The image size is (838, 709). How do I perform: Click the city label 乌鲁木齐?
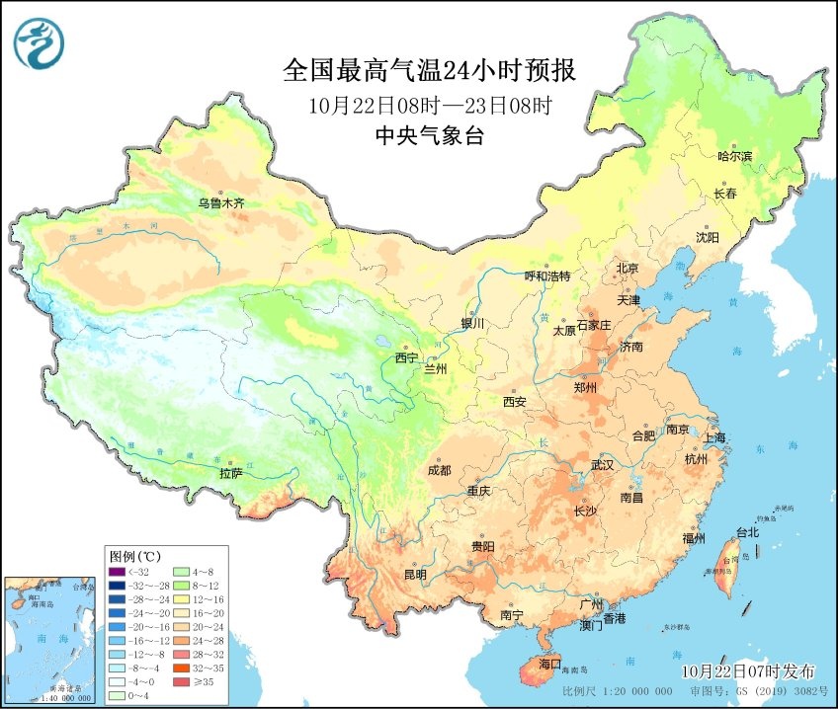click(x=219, y=203)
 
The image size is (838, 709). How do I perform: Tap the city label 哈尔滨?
click(x=734, y=156)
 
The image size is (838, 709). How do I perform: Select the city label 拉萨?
click(x=230, y=473)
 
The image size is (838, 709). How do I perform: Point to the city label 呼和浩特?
click(x=546, y=276)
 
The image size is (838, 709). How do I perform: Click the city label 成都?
click(x=440, y=470)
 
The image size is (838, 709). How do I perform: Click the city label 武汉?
click(x=602, y=464)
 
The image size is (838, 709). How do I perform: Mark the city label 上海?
click(x=713, y=437)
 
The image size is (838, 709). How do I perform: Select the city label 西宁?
click(x=406, y=357)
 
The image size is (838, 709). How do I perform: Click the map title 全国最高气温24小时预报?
click(x=429, y=71)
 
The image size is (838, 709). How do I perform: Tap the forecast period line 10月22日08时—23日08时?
click(x=429, y=105)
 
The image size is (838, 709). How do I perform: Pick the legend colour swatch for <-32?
click(x=117, y=571)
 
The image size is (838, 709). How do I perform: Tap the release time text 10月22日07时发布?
click(x=745, y=670)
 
